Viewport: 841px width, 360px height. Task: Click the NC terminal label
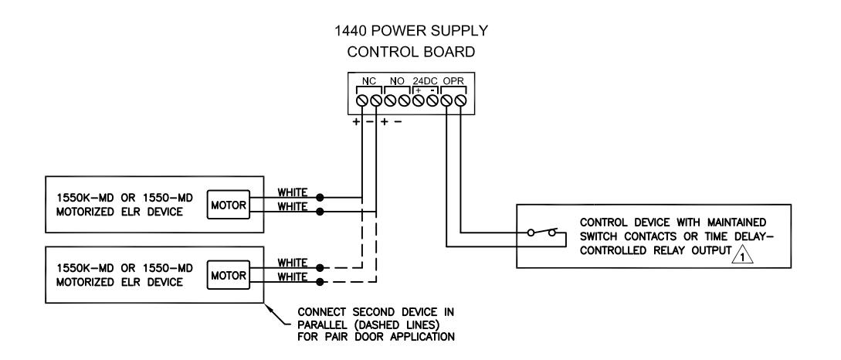[369, 81]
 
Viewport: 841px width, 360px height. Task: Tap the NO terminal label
[398, 81]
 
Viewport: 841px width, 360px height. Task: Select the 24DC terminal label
[426, 81]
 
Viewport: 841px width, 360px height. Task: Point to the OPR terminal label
[453, 81]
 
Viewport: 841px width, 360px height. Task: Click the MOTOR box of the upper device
[229, 205]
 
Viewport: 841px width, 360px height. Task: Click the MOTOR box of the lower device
[229, 275]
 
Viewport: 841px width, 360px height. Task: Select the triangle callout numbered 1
[743, 254]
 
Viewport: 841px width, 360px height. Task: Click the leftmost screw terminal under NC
[362, 100]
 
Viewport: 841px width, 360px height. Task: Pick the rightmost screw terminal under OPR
[461, 100]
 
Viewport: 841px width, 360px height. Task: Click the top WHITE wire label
[293, 192]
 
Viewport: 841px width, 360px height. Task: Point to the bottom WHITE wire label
[293, 277]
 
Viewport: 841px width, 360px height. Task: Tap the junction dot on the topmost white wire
[320, 197]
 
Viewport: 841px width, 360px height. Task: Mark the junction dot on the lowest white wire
[320, 282]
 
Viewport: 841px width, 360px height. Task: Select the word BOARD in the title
[449, 52]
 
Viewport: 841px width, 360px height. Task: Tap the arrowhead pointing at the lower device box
[268, 307]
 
